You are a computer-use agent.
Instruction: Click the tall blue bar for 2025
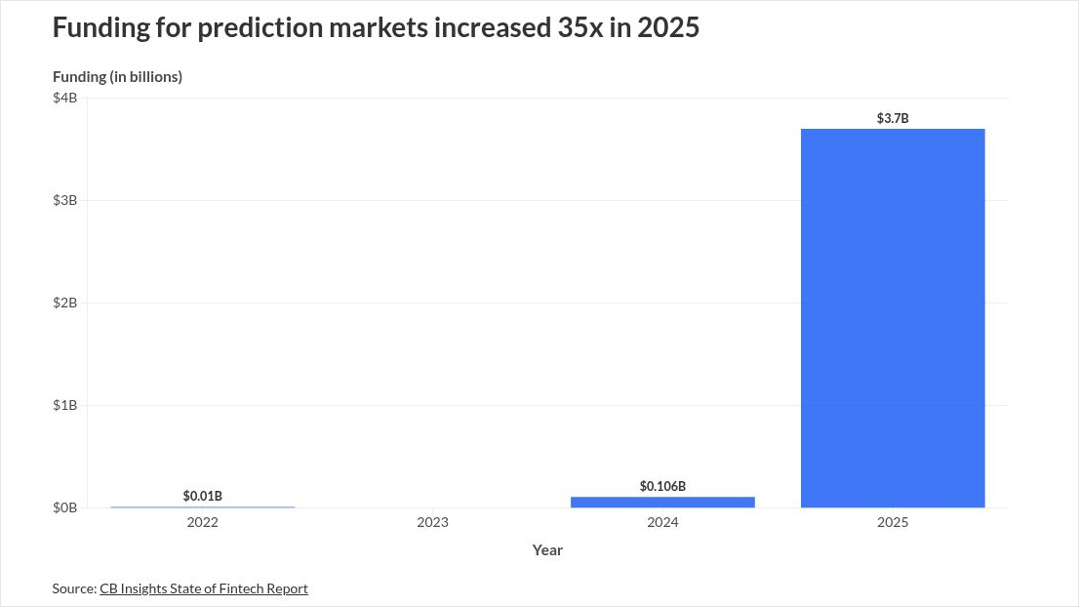click(892, 318)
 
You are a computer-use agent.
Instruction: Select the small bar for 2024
click(662, 502)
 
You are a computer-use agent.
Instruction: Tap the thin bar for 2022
click(202, 506)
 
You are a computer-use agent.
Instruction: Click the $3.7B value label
click(892, 119)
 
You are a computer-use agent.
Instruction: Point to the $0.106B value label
click(662, 486)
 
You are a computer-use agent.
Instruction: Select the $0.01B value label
click(202, 496)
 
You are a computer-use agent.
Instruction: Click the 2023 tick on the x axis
click(432, 523)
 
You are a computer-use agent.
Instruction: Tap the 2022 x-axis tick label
click(202, 523)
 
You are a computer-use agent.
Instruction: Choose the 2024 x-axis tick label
click(662, 523)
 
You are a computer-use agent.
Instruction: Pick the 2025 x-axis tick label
click(892, 523)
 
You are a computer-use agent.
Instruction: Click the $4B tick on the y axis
click(65, 98)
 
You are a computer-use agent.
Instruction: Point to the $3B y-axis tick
click(65, 200)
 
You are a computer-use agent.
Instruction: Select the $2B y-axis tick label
click(65, 303)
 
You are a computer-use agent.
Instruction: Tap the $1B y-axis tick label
click(65, 405)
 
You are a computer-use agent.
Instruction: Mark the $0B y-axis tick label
click(65, 507)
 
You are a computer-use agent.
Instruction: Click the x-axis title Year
click(547, 550)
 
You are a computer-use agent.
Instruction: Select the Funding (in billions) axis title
click(117, 76)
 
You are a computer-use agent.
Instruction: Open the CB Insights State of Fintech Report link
click(203, 588)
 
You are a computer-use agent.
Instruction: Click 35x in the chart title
click(579, 27)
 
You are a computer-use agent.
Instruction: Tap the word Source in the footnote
click(73, 588)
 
